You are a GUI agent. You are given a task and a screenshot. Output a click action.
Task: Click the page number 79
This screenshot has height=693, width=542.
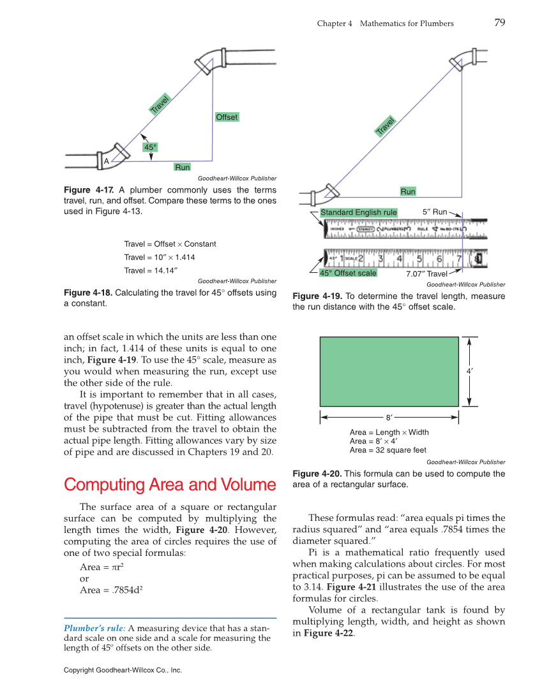coord(499,23)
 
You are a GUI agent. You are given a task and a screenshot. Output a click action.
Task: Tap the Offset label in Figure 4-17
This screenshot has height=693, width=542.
coord(227,117)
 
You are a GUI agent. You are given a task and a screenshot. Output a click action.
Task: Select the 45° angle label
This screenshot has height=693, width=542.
coord(150,147)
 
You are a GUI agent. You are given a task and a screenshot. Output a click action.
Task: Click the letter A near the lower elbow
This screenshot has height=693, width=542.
coord(106,161)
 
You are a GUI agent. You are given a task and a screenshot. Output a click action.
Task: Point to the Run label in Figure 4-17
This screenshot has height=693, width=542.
coord(183,167)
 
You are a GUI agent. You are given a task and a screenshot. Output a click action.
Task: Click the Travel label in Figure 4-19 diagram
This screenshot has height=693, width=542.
coord(385,126)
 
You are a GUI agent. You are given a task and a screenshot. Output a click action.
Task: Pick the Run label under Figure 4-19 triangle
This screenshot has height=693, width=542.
coord(408,192)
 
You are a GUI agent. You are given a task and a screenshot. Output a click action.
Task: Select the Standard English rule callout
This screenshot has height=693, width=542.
coord(358,212)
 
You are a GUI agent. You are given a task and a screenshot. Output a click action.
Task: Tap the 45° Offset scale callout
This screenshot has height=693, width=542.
coord(348,273)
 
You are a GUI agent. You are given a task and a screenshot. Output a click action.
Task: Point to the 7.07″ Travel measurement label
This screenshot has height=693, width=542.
coord(426,274)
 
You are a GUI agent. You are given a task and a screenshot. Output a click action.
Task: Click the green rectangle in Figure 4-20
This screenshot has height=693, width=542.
coord(389,371)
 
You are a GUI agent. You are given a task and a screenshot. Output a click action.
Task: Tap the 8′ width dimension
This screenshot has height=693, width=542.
coord(389,418)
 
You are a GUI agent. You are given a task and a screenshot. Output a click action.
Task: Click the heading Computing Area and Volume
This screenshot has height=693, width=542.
coord(170,485)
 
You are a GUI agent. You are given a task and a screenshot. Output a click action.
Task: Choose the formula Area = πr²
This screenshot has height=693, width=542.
coord(98,567)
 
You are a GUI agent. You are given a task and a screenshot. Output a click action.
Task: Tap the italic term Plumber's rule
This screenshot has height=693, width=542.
coord(94,629)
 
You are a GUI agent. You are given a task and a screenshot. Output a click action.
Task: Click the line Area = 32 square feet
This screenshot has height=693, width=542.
coord(388,450)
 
